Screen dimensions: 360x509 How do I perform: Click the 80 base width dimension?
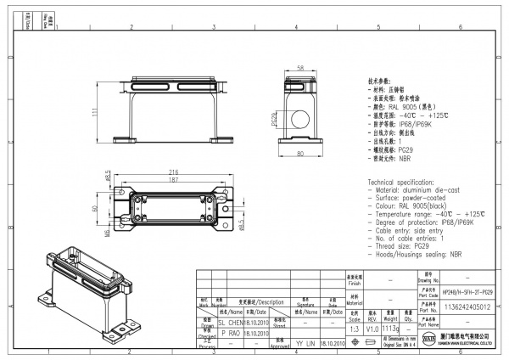coord(300,153)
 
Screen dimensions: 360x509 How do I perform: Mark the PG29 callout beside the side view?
coord(273,120)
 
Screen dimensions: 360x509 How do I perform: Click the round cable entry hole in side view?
coord(301,118)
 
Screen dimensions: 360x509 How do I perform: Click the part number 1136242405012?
coord(467,309)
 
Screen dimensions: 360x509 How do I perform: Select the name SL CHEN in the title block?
coord(231,323)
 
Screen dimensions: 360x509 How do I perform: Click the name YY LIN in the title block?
coord(305,345)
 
